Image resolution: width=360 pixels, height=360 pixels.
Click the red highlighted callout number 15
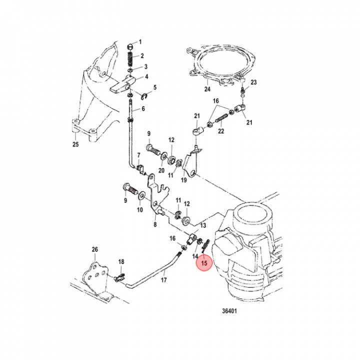click(204, 262)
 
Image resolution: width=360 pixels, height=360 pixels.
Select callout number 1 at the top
click(140, 41)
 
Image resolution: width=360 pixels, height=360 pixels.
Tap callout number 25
click(76, 144)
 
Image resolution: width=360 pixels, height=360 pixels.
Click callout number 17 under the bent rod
click(163, 280)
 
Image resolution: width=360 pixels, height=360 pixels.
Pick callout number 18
click(120, 261)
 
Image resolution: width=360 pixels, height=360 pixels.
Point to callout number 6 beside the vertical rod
click(143, 108)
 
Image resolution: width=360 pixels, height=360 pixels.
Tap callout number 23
click(253, 82)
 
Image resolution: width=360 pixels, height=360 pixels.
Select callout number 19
click(184, 179)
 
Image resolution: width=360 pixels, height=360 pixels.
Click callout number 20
click(161, 170)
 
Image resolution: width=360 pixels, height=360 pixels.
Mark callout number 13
click(202, 226)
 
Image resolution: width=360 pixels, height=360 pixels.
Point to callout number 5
click(155, 87)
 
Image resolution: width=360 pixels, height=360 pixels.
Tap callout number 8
click(155, 224)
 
